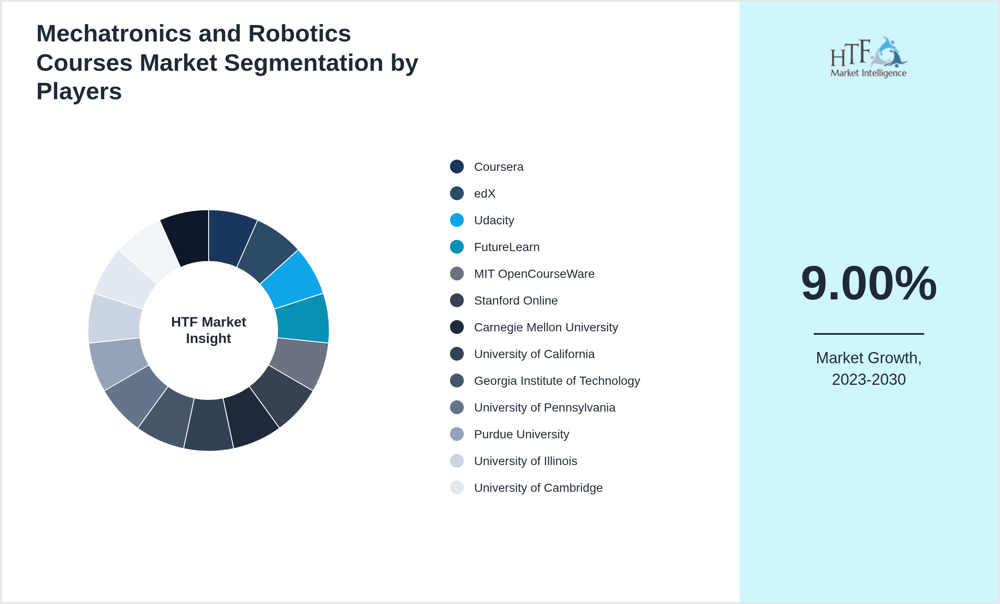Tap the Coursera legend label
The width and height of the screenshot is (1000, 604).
coord(498,167)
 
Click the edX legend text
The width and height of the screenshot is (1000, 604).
coord(484,194)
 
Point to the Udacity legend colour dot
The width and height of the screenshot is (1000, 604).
coord(457,220)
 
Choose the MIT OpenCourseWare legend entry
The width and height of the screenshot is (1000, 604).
coord(534,274)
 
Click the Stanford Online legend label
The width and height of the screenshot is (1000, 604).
coord(516,301)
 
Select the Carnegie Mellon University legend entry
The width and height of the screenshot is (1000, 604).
coord(546,327)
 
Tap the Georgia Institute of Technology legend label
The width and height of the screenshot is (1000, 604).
coord(556,381)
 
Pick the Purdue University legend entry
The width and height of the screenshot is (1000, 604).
coord(521,434)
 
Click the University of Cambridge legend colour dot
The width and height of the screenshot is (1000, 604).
coord(457,488)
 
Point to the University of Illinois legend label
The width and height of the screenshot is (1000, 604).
coord(525,461)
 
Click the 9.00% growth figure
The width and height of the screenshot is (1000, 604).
coord(869,283)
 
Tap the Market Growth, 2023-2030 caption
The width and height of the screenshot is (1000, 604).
coord(869,369)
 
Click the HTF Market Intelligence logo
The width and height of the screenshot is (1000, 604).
coord(868,57)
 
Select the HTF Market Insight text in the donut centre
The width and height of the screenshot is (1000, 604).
coord(209,330)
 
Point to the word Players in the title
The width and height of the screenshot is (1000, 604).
coord(79,91)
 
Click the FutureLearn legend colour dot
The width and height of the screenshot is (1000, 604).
coord(457,247)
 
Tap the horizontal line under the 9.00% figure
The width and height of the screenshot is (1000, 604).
coord(869,333)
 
